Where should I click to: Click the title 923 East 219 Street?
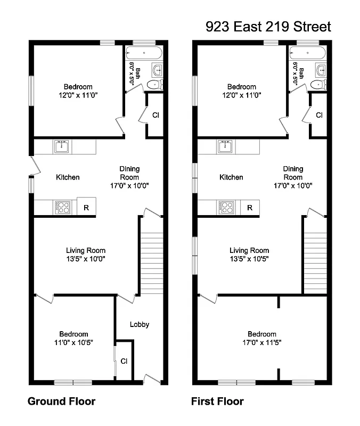coord(268,27)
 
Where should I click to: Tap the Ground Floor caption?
coord(61,401)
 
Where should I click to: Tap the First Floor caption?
coord(217,401)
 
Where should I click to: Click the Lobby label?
coord(140,324)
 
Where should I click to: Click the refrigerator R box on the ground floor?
coord(86,207)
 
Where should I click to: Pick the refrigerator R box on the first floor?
coord(249,207)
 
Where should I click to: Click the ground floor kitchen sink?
coord(62,146)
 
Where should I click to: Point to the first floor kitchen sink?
coord(226,146)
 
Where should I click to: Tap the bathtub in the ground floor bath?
coord(143,53)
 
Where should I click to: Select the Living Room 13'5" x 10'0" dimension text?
coord(86,259)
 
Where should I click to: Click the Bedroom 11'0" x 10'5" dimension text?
coord(74,343)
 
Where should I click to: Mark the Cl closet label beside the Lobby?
coord(124,361)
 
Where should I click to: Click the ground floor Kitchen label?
coord(68,177)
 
